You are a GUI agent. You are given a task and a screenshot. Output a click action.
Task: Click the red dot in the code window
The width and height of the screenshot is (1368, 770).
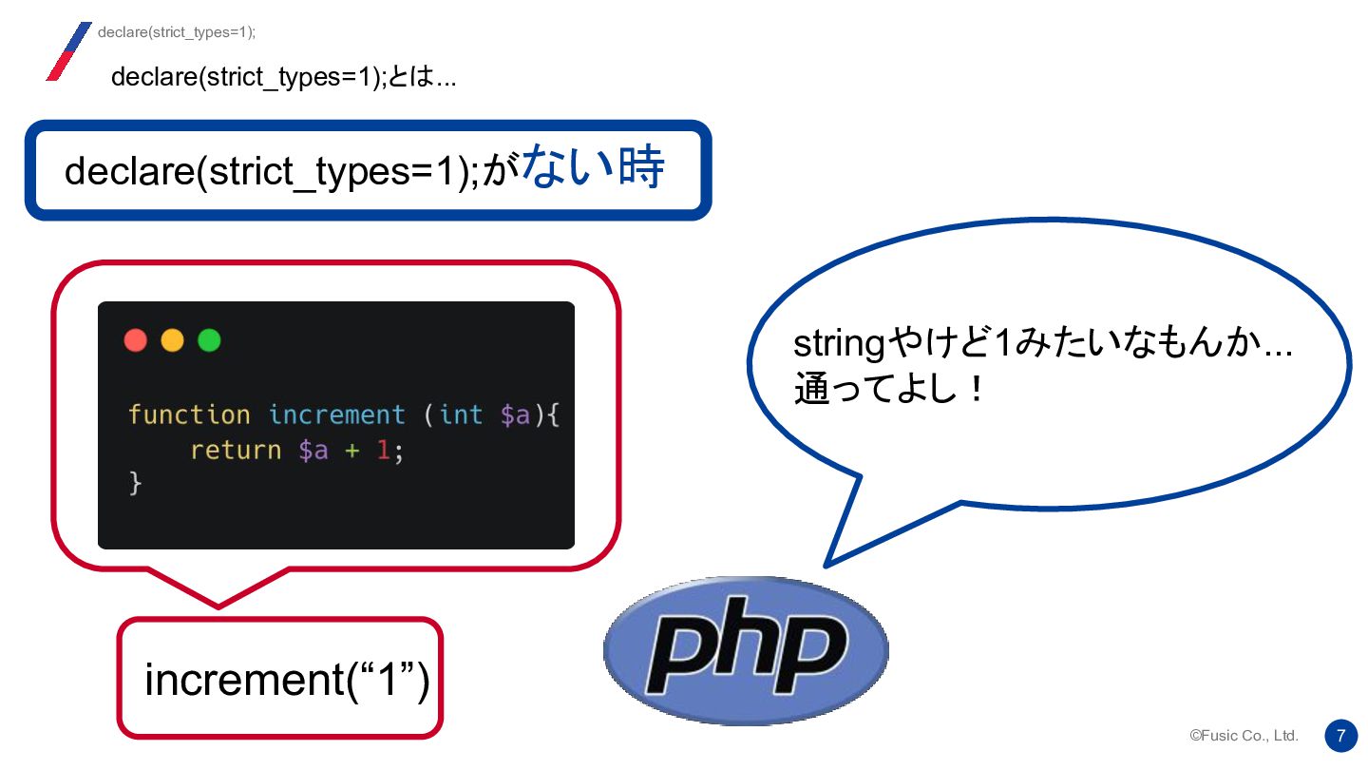[x=136, y=340]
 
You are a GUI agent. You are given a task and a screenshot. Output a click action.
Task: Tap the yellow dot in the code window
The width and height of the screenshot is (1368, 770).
[x=172, y=340]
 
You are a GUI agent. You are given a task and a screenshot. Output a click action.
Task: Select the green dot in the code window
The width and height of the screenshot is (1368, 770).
[x=209, y=340]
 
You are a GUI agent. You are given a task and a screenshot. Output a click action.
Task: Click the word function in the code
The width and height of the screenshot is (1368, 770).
[x=189, y=415]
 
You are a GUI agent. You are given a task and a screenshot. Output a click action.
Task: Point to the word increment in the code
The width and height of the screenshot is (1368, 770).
[x=336, y=415]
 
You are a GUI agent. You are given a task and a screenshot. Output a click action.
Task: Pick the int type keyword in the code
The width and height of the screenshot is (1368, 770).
[x=461, y=415]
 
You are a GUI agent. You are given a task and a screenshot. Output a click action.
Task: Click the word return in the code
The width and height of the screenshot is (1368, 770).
[x=236, y=450]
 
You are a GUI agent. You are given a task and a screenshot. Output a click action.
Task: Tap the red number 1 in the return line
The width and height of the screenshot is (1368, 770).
[x=383, y=450]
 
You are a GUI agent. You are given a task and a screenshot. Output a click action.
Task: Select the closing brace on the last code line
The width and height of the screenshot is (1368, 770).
[x=135, y=484]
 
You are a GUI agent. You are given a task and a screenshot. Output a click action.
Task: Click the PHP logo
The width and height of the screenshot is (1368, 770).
[x=746, y=650]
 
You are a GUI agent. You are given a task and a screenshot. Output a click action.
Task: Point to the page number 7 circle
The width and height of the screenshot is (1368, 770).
[x=1340, y=735]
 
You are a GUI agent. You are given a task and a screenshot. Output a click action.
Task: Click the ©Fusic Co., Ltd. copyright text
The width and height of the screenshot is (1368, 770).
[x=1244, y=736]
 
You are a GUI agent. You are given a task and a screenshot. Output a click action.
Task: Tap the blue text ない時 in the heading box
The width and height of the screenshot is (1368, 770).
[x=592, y=169]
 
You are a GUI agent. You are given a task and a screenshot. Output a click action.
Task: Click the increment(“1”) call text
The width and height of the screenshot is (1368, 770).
[x=287, y=680]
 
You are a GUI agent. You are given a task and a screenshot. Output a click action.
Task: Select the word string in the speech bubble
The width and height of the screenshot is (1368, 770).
[x=838, y=344]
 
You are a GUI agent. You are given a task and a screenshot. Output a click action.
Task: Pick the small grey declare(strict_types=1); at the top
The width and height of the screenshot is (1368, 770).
[x=177, y=32]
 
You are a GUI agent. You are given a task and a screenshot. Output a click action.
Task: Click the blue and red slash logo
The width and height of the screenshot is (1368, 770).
[x=68, y=51]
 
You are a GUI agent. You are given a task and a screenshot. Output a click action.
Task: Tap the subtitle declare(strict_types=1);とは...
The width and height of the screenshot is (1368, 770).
[x=283, y=76]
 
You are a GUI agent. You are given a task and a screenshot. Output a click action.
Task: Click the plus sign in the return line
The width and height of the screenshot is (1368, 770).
[x=351, y=451]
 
